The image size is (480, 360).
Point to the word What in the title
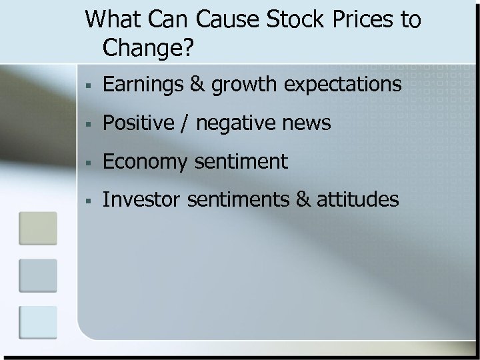(111, 20)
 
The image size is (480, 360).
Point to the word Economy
(141, 162)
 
